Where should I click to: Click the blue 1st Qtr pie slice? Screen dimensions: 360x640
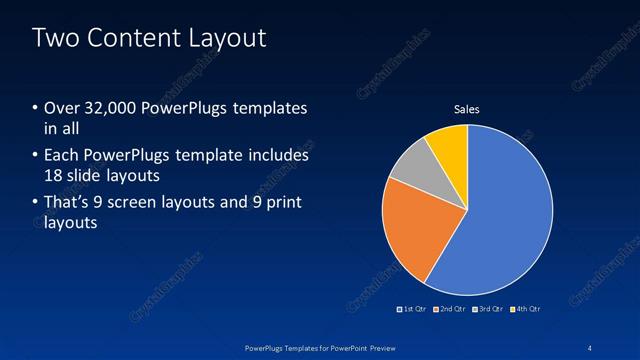[x=505, y=210]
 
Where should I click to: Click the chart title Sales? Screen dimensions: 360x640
[x=467, y=108]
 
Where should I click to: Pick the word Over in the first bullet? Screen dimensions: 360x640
[x=60, y=108]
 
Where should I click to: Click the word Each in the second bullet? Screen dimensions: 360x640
[x=60, y=156]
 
